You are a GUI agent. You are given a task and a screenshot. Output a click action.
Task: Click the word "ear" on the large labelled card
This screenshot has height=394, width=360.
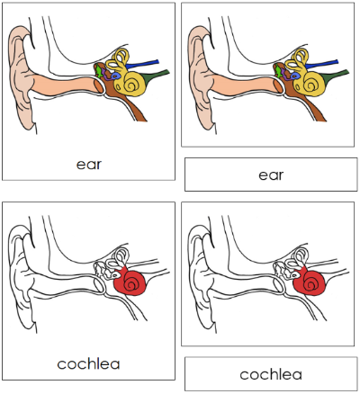click(x=87, y=164)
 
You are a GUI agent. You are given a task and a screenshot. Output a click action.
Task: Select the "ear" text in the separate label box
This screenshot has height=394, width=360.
click(x=271, y=175)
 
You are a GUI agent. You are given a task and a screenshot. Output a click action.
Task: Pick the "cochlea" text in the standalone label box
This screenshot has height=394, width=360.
click(x=271, y=374)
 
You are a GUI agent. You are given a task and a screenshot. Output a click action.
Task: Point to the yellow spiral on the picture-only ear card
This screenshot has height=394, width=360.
click(x=313, y=85)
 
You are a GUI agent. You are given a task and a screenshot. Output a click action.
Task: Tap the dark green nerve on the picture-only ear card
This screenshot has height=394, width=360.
click(x=338, y=74)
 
